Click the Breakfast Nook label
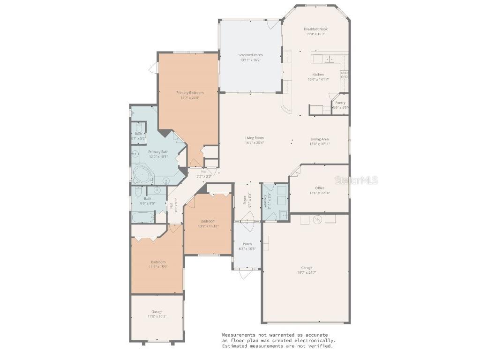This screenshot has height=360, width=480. (x=315, y=29)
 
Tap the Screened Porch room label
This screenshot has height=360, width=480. (x=251, y=55)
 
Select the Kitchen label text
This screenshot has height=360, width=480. (x=318, y=75)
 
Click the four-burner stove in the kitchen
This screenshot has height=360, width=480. (x=345, y=75)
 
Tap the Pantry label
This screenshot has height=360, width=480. (x=340, y=103)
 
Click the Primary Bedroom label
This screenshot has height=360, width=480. (x=190, y=93)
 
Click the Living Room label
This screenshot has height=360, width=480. (x=254, y=138)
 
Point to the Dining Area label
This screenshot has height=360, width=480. (x=320, y=139)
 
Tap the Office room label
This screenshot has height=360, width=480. (x=320, y=188)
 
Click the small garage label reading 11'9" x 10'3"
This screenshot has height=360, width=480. (x=157, y=316)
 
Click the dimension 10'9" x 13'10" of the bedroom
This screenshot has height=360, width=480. (x=208, y=226)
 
